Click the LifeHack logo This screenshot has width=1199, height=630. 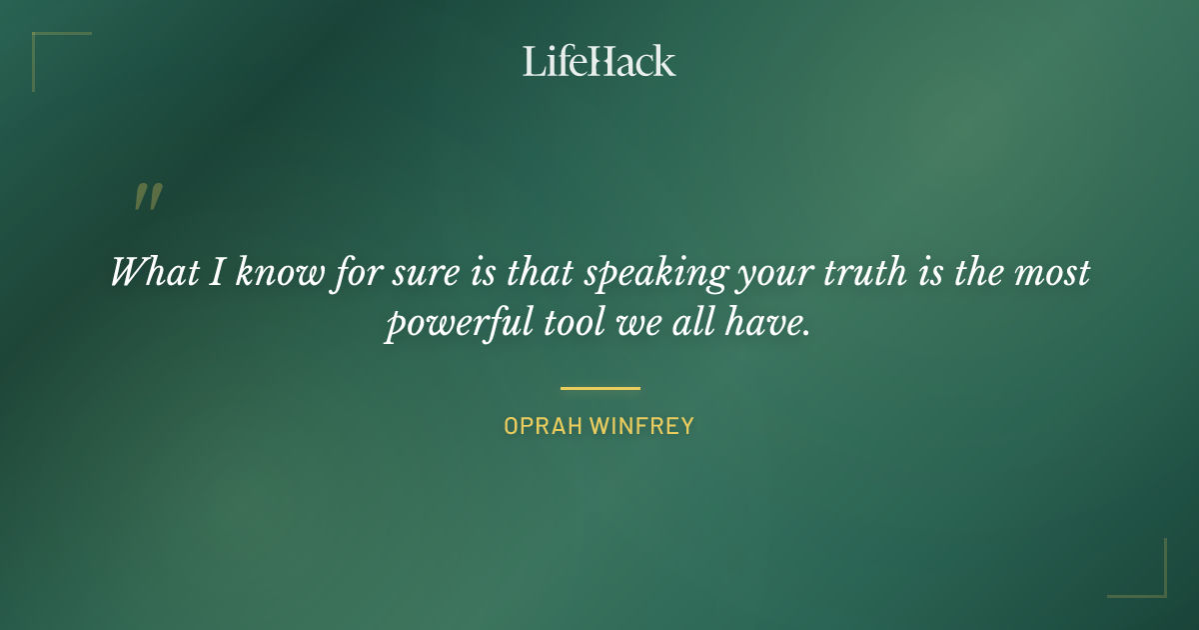(599, 61)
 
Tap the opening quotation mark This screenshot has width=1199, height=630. (148, 197)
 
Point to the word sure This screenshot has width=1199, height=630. (413, 272)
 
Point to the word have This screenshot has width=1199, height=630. (769, 325)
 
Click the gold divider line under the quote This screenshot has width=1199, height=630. (599, 388)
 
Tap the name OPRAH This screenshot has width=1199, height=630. (542, 426)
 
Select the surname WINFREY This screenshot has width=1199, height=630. (641, 426)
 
